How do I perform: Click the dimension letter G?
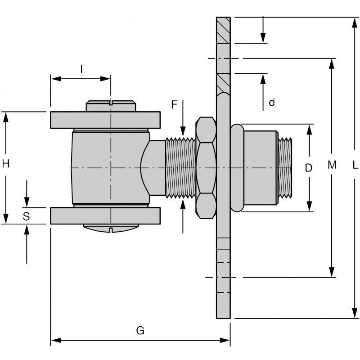point(140,331)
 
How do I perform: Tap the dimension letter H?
point(6,164)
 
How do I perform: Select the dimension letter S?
point(26,216)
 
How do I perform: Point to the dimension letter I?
point(81,68)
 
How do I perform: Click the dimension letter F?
point(175,105)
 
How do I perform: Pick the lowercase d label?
point(271,103)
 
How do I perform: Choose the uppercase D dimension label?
point(308,168)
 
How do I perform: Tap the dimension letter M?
point(332,166)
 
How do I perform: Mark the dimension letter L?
point(355,166)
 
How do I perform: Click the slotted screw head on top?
point(111,106)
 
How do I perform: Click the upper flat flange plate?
point(105,119)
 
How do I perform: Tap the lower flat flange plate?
point(105,216)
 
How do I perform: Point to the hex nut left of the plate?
point(205,168)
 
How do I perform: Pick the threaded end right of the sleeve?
point(285,167)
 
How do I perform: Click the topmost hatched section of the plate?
point(223,30)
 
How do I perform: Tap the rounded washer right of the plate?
point(237,168)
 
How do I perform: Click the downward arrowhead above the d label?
point(263,38)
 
